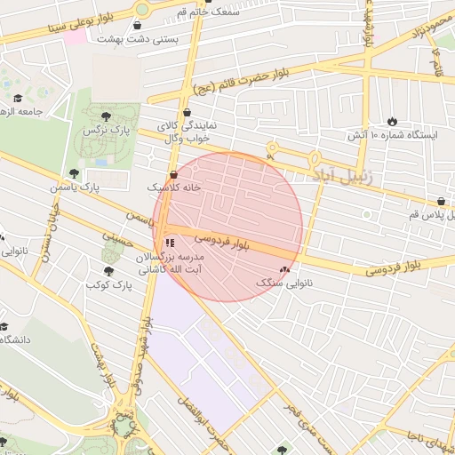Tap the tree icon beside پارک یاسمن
[74, 173]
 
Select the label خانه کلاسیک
[174, 188]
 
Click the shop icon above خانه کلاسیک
[174, 174]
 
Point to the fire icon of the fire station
[393, 120]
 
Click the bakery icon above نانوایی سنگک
[284, 268]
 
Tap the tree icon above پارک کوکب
[108, 271]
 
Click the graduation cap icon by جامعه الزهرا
[18, 98]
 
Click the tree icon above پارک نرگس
[106, 116]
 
